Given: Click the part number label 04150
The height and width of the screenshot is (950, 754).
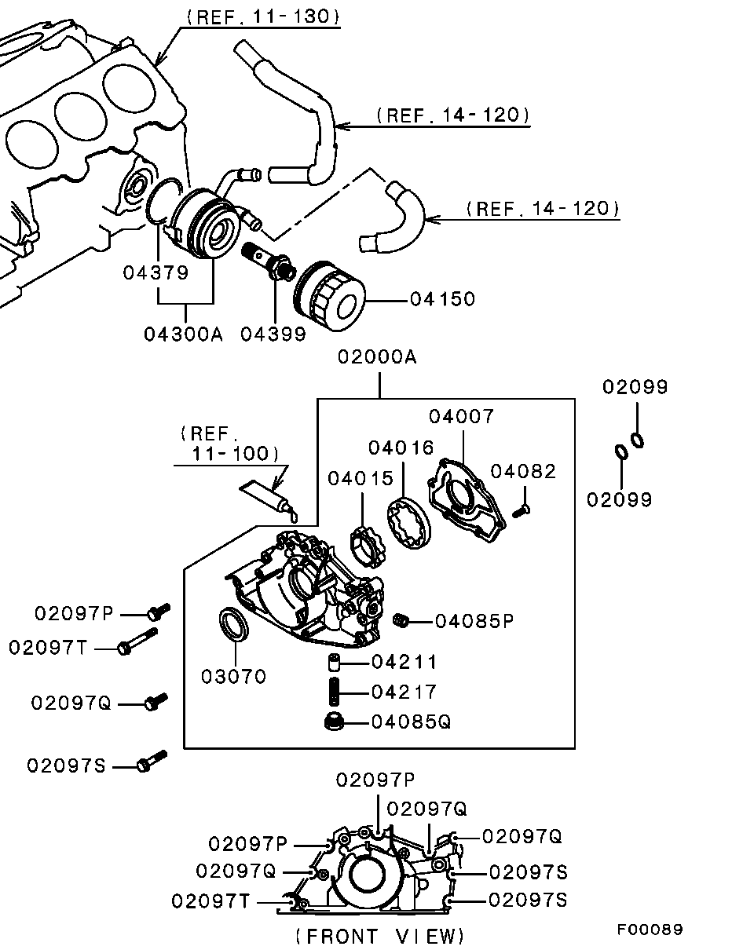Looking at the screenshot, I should coord(442,299).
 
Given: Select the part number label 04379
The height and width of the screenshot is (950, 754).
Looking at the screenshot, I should coord(156,272).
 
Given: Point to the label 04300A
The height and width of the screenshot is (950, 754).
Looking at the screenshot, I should coord(184,334).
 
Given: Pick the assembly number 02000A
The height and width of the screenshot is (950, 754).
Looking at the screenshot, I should coord(378,358).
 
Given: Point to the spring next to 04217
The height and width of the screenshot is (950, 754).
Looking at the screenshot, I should coord(335,692).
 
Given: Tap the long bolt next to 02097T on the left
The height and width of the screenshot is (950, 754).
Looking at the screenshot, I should coord(137,641).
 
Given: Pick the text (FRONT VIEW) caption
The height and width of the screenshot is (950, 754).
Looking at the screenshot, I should coord(380,935).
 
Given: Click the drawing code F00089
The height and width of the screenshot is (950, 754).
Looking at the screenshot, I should coord(650,930).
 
